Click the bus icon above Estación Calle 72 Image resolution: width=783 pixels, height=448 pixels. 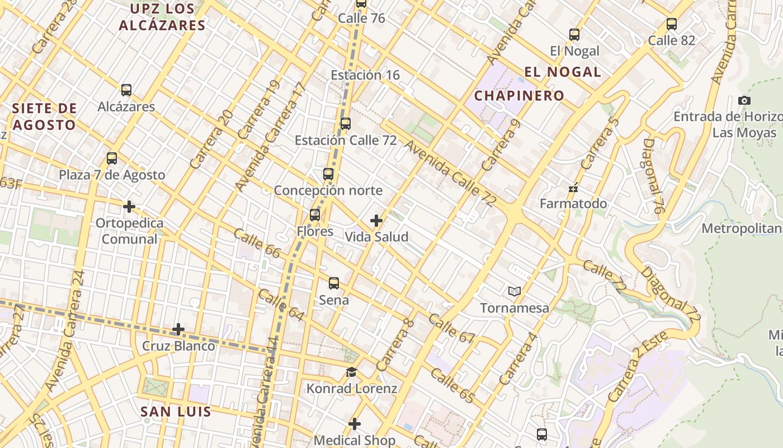tap(346, 124)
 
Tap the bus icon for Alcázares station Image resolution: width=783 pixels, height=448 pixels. tap(126, 90)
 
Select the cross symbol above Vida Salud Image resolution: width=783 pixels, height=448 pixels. tap(376, 221)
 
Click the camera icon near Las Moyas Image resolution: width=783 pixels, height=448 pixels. tap(744, 101)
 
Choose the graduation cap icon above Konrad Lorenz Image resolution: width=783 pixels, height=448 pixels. tap(351, 372)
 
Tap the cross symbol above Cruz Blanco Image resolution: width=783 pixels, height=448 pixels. tap(178, 329)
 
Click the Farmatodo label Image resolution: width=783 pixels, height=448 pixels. tap(573, 204)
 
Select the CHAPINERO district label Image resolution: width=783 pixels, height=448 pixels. tap(519, 96)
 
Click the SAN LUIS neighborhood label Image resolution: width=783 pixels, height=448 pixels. tap(176, 412)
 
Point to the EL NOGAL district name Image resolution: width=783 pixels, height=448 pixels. tap(563, 72)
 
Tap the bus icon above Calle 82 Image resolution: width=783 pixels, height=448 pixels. tap(672, 25)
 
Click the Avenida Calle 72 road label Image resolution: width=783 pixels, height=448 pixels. tap(449, 174)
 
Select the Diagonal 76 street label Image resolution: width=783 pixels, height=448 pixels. tap(652, 176)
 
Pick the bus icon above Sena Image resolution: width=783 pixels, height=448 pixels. tap(334, 283)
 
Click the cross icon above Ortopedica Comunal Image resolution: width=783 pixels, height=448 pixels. tap(129, 207)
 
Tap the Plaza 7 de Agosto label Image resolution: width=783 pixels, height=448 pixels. tap(112, 175)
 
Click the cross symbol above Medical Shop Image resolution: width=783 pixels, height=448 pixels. tap(354, 424)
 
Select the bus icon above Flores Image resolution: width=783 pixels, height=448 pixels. tap(315, 215)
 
